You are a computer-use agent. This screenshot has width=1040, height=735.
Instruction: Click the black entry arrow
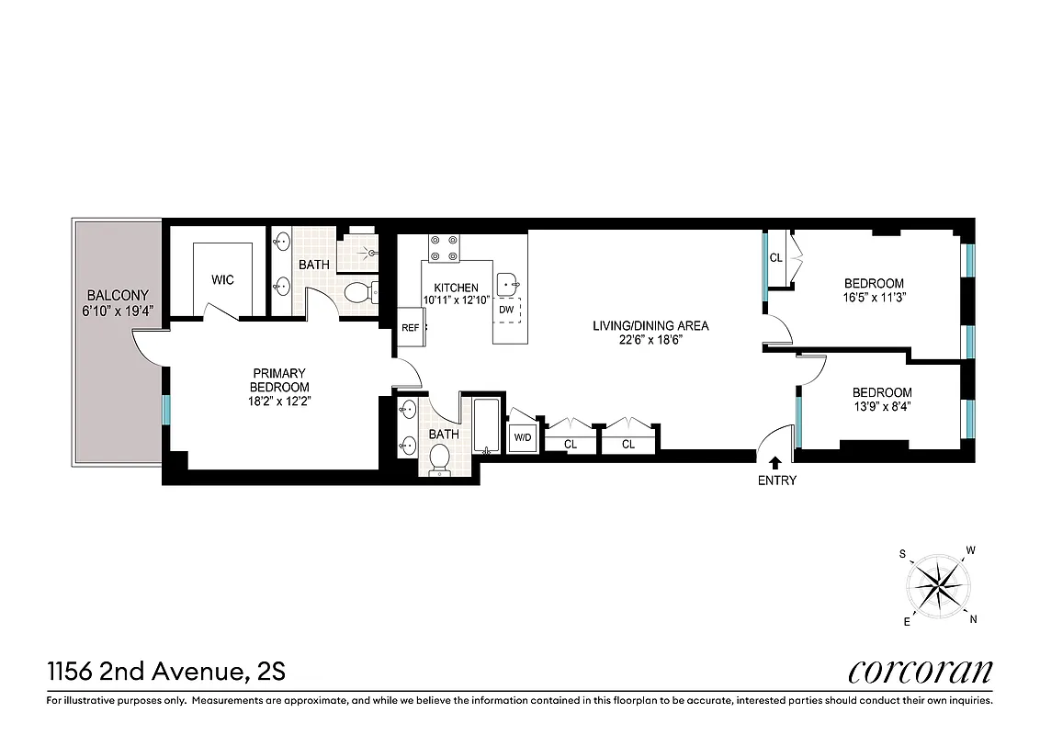tap(775, 463)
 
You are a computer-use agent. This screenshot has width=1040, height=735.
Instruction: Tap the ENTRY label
tap(777, 481)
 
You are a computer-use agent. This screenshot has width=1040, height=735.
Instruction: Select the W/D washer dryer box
tap(523, 437)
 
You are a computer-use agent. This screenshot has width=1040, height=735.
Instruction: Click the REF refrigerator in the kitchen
tap(410, 328)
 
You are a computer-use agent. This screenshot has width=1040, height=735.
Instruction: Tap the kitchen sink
tap(507, 281)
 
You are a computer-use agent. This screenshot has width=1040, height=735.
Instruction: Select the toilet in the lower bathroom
tap(439, 458)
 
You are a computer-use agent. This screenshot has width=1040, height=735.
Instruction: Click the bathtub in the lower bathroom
tap(485, 425)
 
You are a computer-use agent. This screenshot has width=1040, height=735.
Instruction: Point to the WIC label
tap(223, 279)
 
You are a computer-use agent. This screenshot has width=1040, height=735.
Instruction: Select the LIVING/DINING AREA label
tap(650, 325)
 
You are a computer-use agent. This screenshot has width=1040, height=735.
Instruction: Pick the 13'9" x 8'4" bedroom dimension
tap(881, 406)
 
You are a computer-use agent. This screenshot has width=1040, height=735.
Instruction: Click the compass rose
tap(939, 585)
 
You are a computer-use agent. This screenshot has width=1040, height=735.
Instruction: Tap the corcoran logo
tap(920, 672)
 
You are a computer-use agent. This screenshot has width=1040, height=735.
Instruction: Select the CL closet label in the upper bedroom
tap(775, 258)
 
